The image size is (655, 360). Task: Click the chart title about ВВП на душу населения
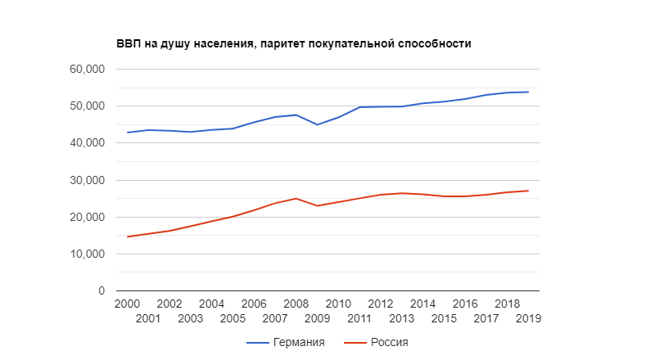293,43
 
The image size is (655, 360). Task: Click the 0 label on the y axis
102,290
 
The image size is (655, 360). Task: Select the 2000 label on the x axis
127,304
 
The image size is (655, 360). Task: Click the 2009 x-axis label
318,317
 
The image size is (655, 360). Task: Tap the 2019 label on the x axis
529,317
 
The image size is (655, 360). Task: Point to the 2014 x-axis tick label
423,304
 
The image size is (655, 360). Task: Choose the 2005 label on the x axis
233,317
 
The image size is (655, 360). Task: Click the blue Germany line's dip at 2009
318,124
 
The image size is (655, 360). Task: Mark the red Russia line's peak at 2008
296,198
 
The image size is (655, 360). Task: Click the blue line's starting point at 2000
127,133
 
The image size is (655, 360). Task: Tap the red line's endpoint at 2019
529,191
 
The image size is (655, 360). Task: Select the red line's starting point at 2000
127,236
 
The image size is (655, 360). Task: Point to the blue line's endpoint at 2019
529,92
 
